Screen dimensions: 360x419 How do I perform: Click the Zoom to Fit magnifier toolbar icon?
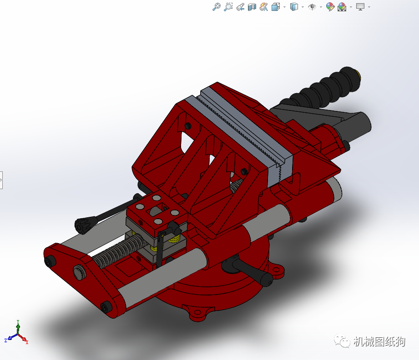[x=217, y=7]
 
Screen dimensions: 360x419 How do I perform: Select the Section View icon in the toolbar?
[x=252, y=7]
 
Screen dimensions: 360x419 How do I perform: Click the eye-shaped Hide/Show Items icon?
[x=312, y=7]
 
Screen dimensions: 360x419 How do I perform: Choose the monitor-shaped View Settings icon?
[x=360, y=7]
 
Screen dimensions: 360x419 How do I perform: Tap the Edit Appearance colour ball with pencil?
[x=330, y=7]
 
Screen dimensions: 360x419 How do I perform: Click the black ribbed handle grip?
[x=324, y=88]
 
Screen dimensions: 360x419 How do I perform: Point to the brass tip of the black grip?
[x=359, y=74]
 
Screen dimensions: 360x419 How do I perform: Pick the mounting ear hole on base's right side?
[x=277, y=272]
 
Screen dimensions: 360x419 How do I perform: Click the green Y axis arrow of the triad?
[x=18, y=324]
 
